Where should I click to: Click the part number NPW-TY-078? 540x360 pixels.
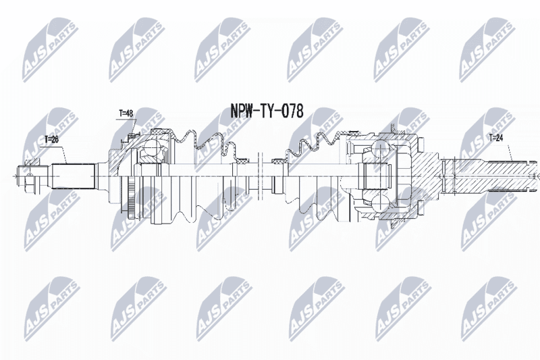(267, 111)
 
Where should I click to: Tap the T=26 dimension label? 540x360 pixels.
(52, 139)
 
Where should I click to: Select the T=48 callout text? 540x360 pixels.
(126, 113)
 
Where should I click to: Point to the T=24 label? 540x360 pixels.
(496, 138)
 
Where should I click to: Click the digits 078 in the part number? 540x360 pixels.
(293, 111)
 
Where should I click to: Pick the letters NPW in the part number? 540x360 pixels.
(242, 111)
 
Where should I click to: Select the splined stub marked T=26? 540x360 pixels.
(73, 176)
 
